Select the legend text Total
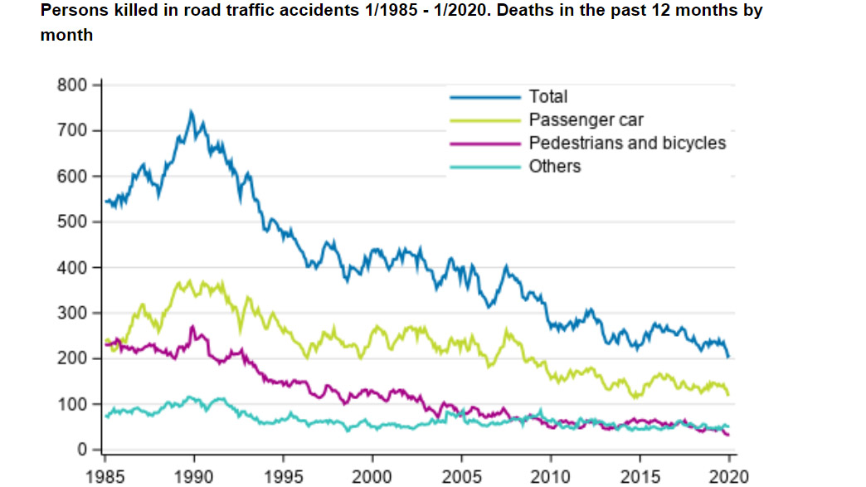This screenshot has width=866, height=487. click(548, 97)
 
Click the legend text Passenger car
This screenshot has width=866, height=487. click(586, 120)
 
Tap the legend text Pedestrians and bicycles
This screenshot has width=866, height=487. click(627, 144)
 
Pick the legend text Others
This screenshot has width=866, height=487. click(555, 167)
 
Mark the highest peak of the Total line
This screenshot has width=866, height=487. click(191, 111)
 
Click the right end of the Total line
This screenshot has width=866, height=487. click(728, 357)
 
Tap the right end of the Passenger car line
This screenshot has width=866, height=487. click(728, 395)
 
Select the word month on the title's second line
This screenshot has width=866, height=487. click(66, 36)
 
